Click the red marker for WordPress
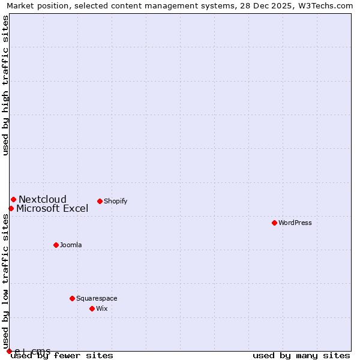[274, 223]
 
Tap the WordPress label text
[295, 223]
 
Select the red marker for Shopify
[100, 201]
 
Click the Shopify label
[116, 201]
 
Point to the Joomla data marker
[56, 245]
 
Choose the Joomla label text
[71, 245]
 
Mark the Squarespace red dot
[72, 298]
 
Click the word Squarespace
[97, 298]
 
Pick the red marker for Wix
[92, 308]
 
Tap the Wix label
[102, 308]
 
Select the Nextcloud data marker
[13, 199]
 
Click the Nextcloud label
[43, 200]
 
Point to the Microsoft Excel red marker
[11, 208]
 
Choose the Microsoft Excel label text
[52, 209]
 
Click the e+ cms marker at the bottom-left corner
[9, 351]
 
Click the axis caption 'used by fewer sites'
[62, 356]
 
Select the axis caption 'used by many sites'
[301, 356]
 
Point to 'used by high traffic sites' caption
[6, 85]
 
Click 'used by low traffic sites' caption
[6, 280]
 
